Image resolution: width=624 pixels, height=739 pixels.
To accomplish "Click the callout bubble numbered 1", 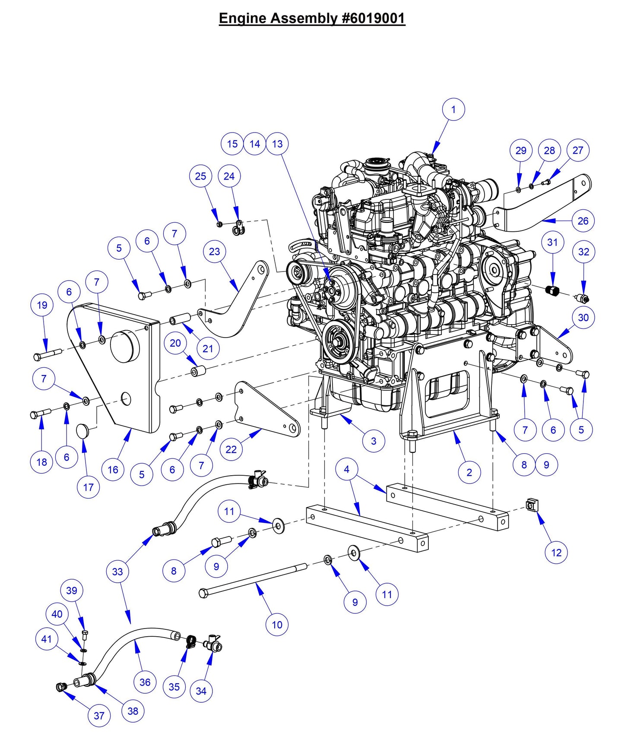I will (x=453, y=110).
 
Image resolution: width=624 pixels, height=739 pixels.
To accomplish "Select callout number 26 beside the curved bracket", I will (x=583, y=221).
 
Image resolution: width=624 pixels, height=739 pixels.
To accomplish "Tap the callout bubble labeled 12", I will (x=556, y=553).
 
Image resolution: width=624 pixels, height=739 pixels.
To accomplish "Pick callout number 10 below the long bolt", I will (x=277, y=625).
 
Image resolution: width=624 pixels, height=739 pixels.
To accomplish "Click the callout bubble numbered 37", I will (x=99, y=716).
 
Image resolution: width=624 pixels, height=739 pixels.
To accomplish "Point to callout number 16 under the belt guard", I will (x=113, y=470).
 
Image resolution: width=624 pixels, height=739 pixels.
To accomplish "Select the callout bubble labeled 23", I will (x=214, y=252).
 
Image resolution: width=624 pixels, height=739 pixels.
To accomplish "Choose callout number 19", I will (x=42, y=305).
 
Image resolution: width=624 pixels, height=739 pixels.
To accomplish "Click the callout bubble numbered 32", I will (x=583, y=252).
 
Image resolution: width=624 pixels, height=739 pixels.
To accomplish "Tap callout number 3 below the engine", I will (x=374, y=441).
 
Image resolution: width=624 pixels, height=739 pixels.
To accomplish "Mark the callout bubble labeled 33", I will (x=117, y=572).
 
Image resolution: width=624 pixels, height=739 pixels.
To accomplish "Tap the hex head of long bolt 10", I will (x=203, y=594).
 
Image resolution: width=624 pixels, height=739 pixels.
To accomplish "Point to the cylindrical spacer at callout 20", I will (x=198, y=371).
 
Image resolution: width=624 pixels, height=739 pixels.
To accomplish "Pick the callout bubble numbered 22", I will (x=231, y=449).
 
